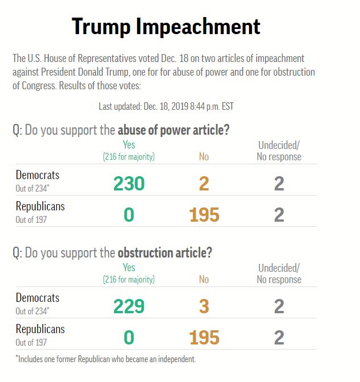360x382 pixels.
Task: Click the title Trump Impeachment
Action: click(166, 26)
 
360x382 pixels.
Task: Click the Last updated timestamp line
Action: click(166, 106)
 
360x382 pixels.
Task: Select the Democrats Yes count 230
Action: click(129, 183)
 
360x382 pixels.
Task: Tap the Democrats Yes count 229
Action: click(129, 306)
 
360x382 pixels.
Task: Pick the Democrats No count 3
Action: click(204, 306)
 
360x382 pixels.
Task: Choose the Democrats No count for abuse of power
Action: click(204, 183)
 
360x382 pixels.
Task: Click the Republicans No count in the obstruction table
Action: click(204, 337)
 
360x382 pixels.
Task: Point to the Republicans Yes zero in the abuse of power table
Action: click(129, 214)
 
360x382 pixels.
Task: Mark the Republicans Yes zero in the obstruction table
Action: click(129, 337)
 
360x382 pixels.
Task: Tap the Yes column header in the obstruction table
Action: click(129, 268)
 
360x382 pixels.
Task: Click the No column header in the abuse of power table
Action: click(204, 156)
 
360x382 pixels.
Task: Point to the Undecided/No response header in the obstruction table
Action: click(279, 273)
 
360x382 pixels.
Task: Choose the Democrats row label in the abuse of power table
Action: click(38, 175)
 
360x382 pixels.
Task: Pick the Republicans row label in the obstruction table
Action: click(40, 329)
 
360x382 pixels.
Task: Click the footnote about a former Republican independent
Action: click(106, 359)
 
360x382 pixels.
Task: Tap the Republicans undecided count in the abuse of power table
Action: click(279, 214)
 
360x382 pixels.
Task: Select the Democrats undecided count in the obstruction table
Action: click(279, 306)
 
